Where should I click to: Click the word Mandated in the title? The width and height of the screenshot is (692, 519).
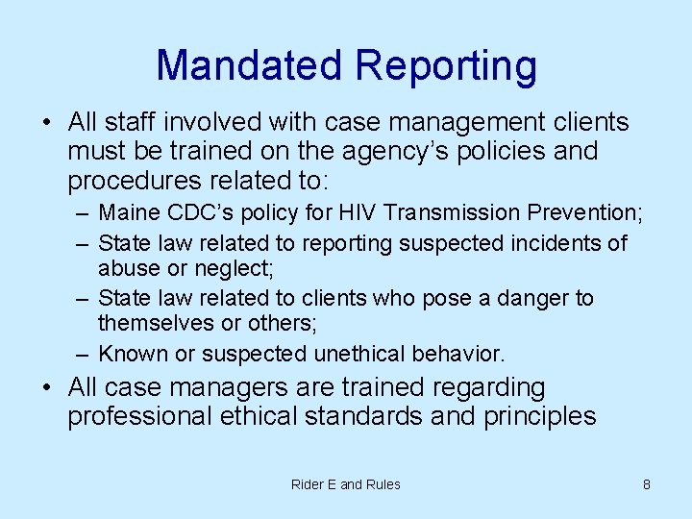point(249,66)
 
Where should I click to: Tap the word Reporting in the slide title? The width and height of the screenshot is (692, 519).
point(445,66)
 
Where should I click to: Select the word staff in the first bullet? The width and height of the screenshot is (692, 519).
point(131,123)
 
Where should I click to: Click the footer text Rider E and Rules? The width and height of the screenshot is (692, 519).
point(346,484)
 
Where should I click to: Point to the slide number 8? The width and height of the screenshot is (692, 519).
point(647,484)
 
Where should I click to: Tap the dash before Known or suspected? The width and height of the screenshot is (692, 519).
point(82,355)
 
